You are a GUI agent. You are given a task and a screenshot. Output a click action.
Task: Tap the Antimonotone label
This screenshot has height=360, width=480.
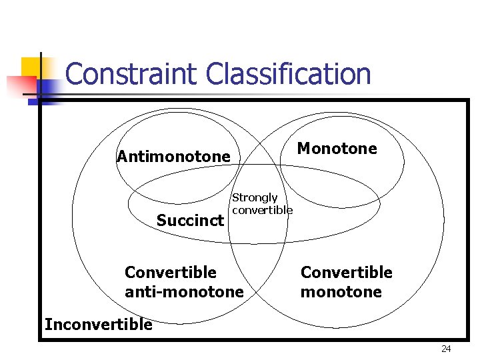coord(173,157)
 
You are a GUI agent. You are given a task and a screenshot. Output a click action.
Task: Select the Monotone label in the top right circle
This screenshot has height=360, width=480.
coord(337,148)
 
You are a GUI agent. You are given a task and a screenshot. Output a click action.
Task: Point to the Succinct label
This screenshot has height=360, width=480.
coord(190,220)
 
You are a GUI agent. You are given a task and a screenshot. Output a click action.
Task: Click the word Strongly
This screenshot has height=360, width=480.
coord(255,197)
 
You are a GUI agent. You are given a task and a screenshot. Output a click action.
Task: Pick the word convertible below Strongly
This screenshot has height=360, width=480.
coord(262,210)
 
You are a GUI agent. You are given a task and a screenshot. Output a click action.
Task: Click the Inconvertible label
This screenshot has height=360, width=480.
coord(98,325)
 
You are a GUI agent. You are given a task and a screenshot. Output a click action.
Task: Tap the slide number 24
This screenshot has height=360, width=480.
coord(446,349)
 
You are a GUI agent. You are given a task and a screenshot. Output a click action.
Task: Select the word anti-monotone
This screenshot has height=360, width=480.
coord(184,292)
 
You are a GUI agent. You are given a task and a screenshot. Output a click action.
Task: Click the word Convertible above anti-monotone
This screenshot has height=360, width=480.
coord(171,272)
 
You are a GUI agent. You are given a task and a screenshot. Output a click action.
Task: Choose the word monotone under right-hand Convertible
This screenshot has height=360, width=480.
coord(341,292)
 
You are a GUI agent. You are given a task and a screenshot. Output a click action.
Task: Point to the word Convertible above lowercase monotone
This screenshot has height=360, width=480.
coord(347,272)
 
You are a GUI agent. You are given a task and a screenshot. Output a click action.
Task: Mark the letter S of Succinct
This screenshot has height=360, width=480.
coord(161,220)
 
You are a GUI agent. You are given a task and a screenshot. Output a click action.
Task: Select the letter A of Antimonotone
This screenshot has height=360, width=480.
coord(122,157)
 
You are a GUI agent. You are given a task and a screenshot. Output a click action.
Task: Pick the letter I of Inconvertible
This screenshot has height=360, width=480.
coord(47,325)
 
